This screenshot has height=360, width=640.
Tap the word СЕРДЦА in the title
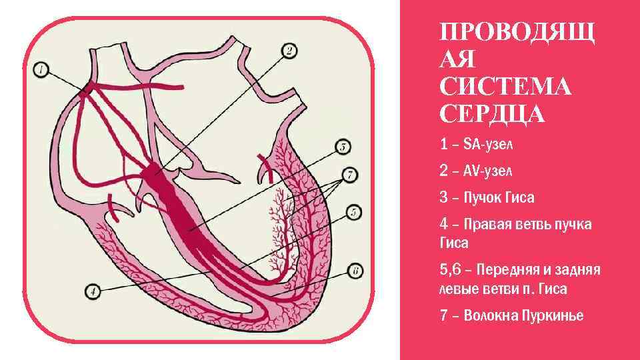(492, 114)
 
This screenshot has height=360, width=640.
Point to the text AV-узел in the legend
(486, 171)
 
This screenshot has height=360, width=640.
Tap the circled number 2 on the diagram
(290, 50)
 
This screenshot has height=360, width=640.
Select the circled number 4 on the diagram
(93, 291)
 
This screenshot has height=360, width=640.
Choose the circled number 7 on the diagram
(347, 176)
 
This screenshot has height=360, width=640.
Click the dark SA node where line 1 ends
(85, 91)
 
